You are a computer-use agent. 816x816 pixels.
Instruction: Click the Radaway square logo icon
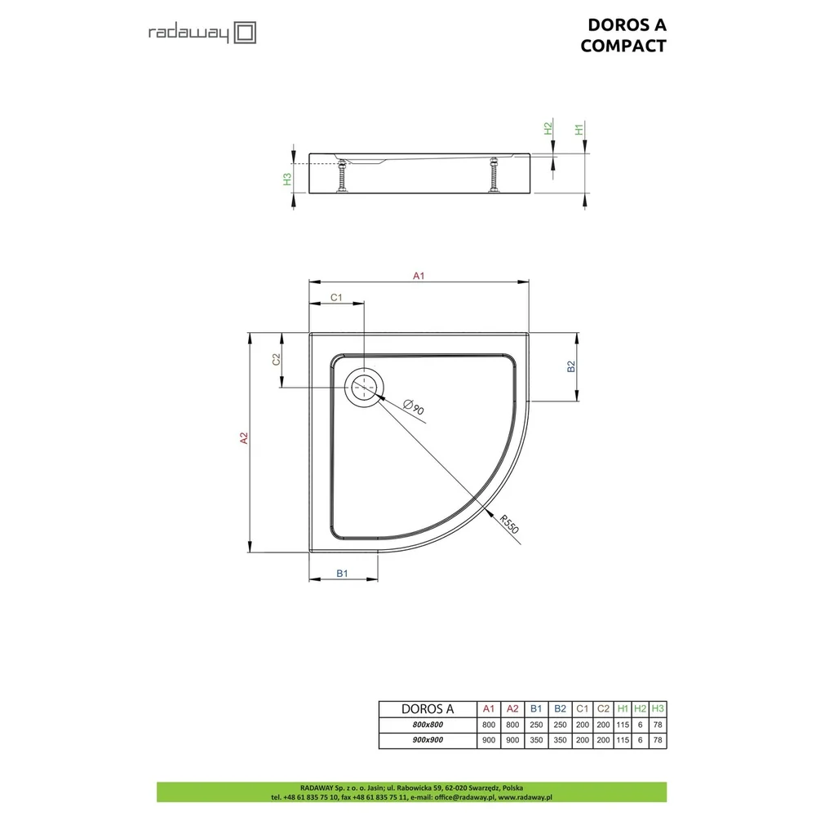pos(245,33)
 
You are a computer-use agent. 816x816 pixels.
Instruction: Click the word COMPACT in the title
pos(623,46)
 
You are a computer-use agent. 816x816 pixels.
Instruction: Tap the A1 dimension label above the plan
pos(419,276)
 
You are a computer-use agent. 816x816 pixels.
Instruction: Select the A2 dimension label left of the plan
pos(244,438)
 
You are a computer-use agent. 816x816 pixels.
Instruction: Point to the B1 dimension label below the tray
pos(342,573)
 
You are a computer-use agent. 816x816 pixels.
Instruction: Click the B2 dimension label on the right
pos(571,366)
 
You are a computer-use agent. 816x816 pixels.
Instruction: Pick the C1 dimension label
pos(336,297)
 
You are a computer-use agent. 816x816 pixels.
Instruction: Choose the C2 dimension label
pos(277,359)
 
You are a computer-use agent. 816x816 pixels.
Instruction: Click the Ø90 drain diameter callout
pos(415,406)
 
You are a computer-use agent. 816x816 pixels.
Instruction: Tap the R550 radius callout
pos(509,524)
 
